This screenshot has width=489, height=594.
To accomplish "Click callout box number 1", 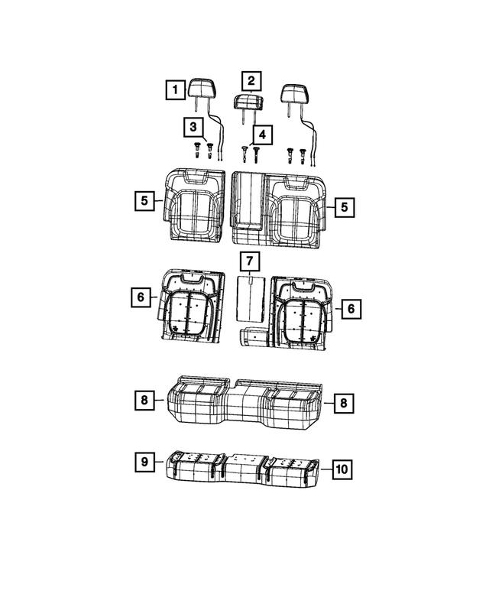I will click(175, 91).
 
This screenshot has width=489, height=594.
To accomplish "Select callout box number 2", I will click(250, 80).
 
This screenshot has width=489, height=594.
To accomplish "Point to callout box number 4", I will click(262, 135).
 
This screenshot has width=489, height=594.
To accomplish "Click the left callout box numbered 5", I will click(143, 202).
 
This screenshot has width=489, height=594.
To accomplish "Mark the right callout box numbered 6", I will click(350, 308).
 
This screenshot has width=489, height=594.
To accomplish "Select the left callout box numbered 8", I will click(143, 400).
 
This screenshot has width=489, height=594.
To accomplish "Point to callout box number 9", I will click(143, 462).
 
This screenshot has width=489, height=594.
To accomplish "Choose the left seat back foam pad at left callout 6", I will click(190, 306).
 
